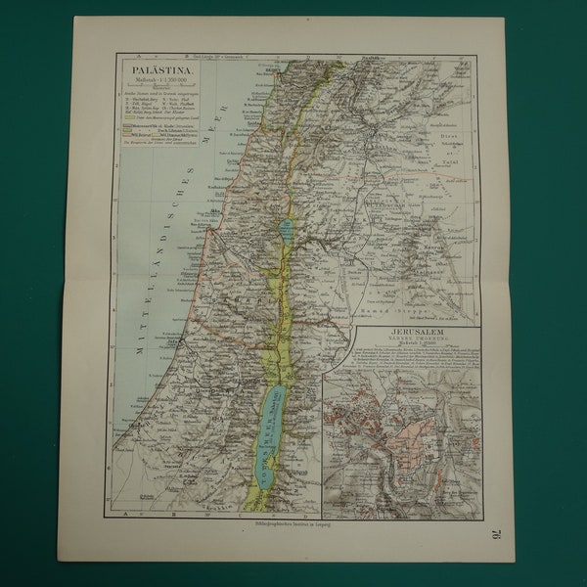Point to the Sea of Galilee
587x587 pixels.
tap(285, 231)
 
